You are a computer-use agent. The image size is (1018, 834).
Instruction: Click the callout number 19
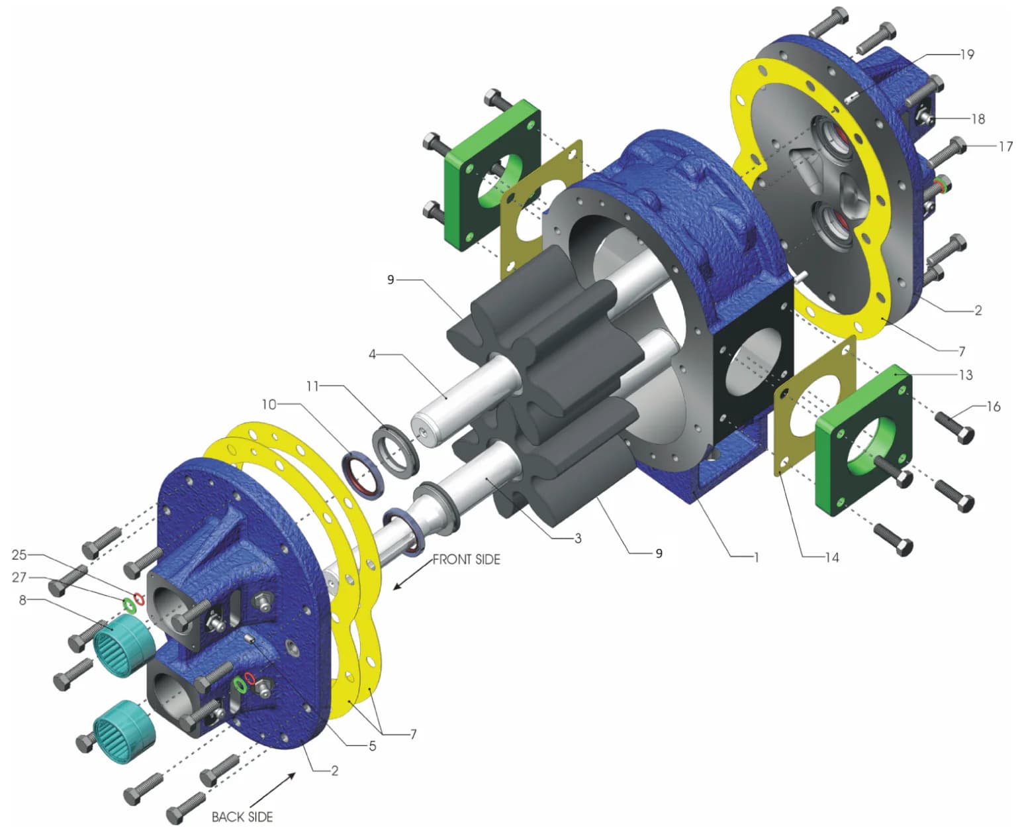coord(967,54)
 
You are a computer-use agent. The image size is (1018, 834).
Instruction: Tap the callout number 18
coord(978,119)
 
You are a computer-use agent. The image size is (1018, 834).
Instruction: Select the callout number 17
coord(1005,146)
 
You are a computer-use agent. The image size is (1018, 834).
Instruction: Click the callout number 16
coord(993,406)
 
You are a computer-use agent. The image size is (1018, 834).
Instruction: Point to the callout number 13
coord(966,375)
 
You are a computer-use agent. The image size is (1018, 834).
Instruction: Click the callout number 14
coord(831,557)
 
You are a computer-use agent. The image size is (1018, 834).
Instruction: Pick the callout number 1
coord(756,556)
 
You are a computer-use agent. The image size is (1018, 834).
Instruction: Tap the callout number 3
coord(578,538)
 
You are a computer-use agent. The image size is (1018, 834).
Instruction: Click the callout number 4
coord(372,354)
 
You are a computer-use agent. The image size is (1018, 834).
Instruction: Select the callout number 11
coord(312,386)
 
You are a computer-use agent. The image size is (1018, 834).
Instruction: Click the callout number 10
coord(269,404)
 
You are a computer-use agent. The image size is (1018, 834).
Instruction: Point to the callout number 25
coord(19,554)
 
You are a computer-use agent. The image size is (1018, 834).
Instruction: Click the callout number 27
coord(19,577)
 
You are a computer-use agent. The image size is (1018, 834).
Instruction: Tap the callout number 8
coord(23,600)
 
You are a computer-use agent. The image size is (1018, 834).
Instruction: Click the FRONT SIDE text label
coord(466,560)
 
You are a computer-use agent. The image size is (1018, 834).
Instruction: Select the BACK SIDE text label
coord(242,817)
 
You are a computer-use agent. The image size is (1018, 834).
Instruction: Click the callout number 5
coord(372,746)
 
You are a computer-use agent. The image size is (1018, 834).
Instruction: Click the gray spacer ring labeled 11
coord(396,450)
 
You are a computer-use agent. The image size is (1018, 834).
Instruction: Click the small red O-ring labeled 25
coord(138,599)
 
